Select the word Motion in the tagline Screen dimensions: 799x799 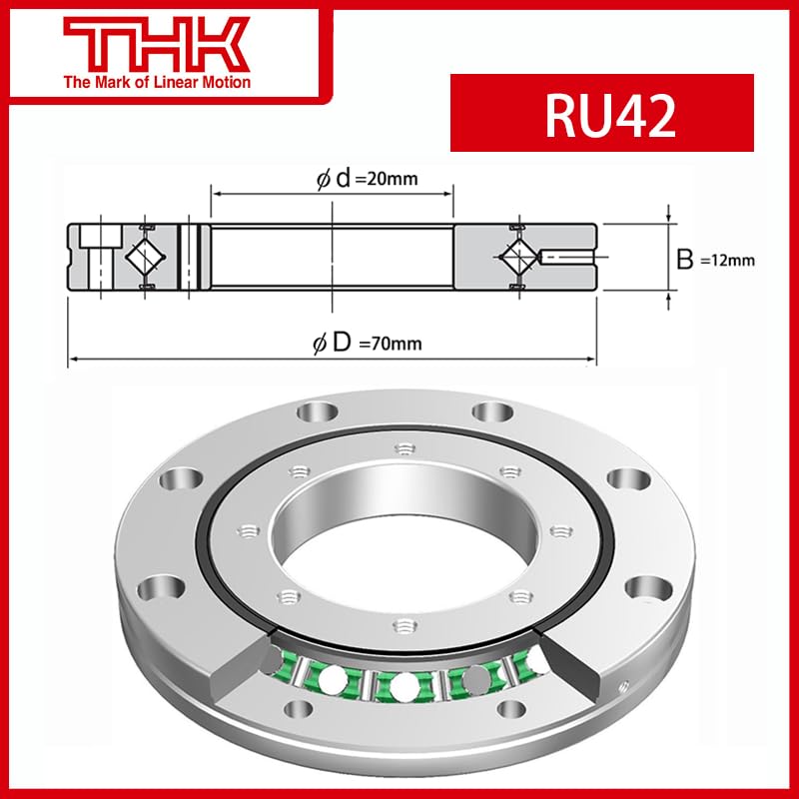(x=222, y=82)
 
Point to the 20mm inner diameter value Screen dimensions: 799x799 (x=391, y=179)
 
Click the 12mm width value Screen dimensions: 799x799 (x=726, y=261)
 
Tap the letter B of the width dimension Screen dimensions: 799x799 (x=685, y=260)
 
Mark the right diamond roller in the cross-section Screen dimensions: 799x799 (x=519, y=257)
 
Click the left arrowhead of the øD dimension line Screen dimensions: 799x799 (x=73, y=358)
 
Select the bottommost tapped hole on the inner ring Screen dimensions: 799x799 (x=399, y=626)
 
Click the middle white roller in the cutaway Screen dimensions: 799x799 (x=403, y=687)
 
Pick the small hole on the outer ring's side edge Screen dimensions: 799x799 (x=624, y=687)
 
